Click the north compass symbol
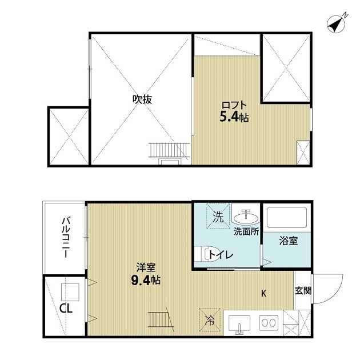point(337,24)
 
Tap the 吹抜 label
point(142,99)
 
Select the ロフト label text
point(234,106)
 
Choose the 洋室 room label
point(144,267)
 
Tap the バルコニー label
point(66,238)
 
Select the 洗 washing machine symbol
point(218,217)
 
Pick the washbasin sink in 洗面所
point(247,217)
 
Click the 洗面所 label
point(246,232)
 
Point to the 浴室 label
point(289,241)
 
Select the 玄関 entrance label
point(303,290)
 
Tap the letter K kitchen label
point(263,294)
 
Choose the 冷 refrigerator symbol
point(209,321)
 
